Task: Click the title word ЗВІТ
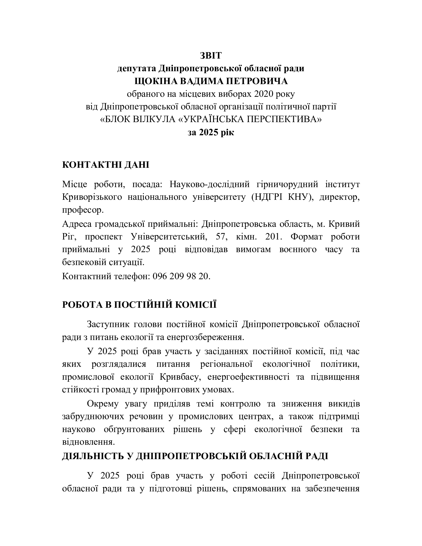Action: tap(211, 56)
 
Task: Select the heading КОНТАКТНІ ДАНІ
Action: tap(105, 165)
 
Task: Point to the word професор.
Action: tap(83, 210)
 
